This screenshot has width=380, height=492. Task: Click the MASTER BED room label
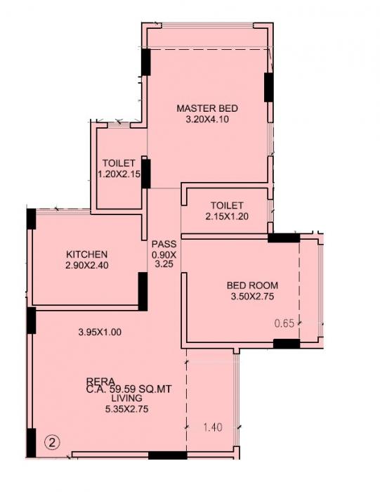coord(207,108)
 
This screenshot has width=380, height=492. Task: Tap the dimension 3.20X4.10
coord(207,119)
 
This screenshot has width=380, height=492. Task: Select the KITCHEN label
coord(87,254)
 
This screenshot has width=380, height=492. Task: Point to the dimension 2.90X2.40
coord(87,265)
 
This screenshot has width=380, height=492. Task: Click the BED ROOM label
coord(252,285)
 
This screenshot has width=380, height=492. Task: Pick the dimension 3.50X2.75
coord(252,297)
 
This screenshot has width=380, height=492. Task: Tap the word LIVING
coord(107,398)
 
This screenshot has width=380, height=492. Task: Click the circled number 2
coord(51,443)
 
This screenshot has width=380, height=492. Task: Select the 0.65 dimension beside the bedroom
coord(284,323)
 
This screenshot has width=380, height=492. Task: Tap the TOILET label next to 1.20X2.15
coord(119,163)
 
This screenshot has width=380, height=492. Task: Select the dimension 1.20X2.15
coord(119,174)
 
